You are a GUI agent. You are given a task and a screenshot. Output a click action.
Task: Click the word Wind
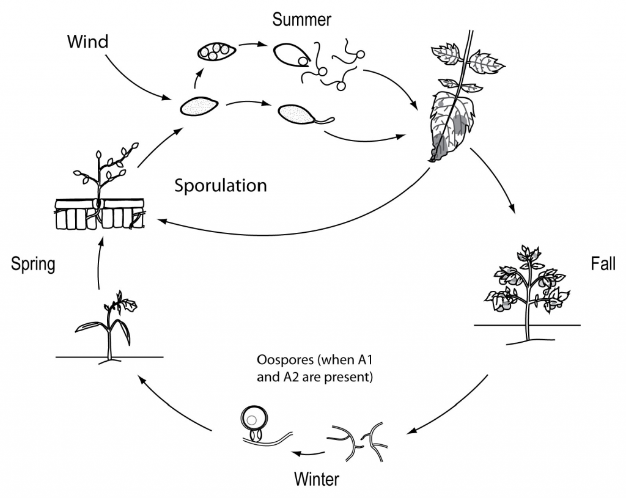coord(87,42)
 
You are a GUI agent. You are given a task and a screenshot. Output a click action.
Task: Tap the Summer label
coord(302,20)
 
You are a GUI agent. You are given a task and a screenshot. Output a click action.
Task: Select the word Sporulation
coord(221,186)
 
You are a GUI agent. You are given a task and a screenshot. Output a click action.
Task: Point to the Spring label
coord(33,264)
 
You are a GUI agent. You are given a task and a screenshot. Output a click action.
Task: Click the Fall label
coord(603,264)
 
